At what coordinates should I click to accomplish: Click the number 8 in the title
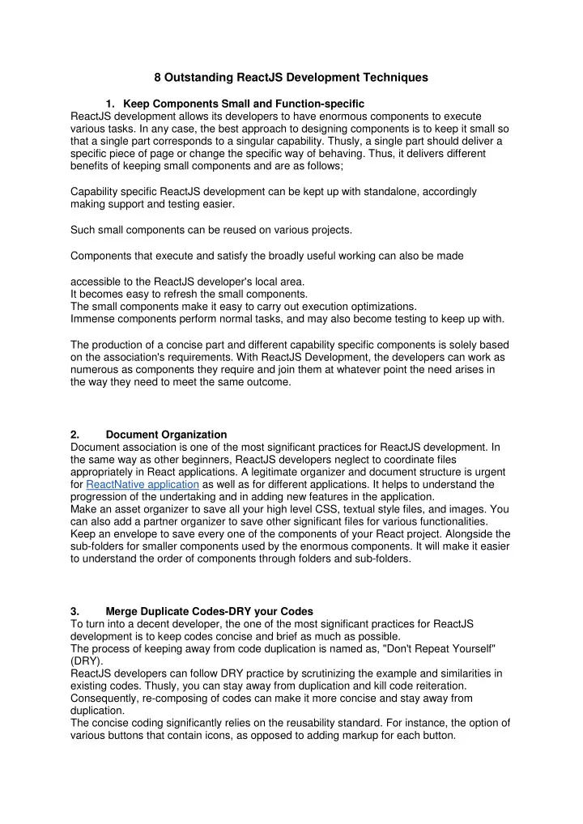tap(158, 79)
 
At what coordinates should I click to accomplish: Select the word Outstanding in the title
tap(195, 79)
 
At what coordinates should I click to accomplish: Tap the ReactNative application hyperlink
tap(138, 485)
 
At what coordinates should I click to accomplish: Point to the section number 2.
tap(75, 434)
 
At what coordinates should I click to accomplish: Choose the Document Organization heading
tap(166, 434)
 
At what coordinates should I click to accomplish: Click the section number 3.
tap(75, 600)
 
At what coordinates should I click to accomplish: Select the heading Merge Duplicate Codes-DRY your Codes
tap(210, 600)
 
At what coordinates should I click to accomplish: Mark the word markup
tap(360, 727)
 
